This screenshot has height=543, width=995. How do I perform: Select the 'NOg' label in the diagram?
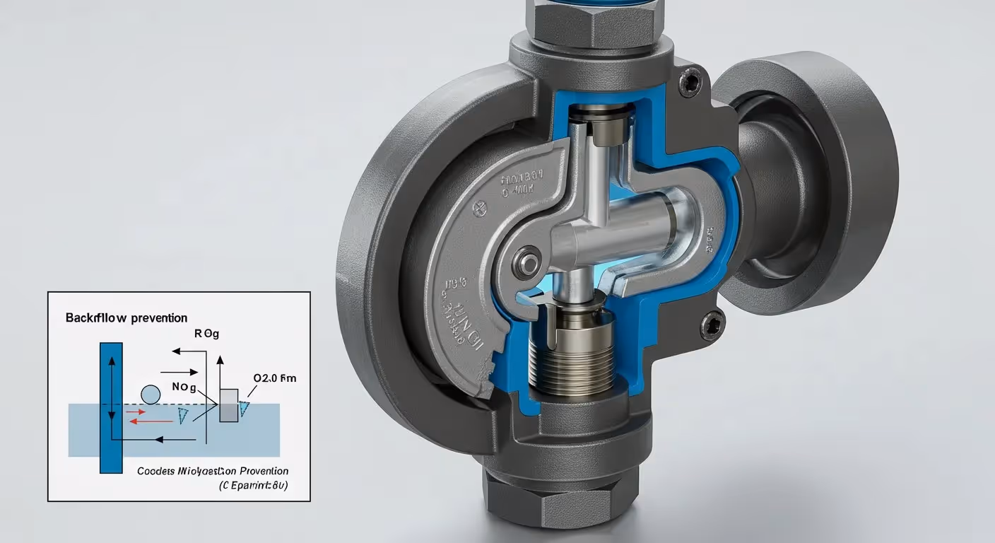(x=184, y=387)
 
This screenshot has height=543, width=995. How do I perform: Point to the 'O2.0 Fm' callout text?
(x=275, y=378)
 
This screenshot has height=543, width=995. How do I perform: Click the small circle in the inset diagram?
(x=151, y=395)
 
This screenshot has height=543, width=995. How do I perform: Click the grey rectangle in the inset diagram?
(x=228, y=405)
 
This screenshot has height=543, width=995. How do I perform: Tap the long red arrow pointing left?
(x=150, y=421)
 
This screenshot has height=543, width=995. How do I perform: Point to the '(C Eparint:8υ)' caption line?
(x=253, y=486)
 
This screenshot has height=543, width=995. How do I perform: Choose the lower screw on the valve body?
(x=712, y=325)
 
